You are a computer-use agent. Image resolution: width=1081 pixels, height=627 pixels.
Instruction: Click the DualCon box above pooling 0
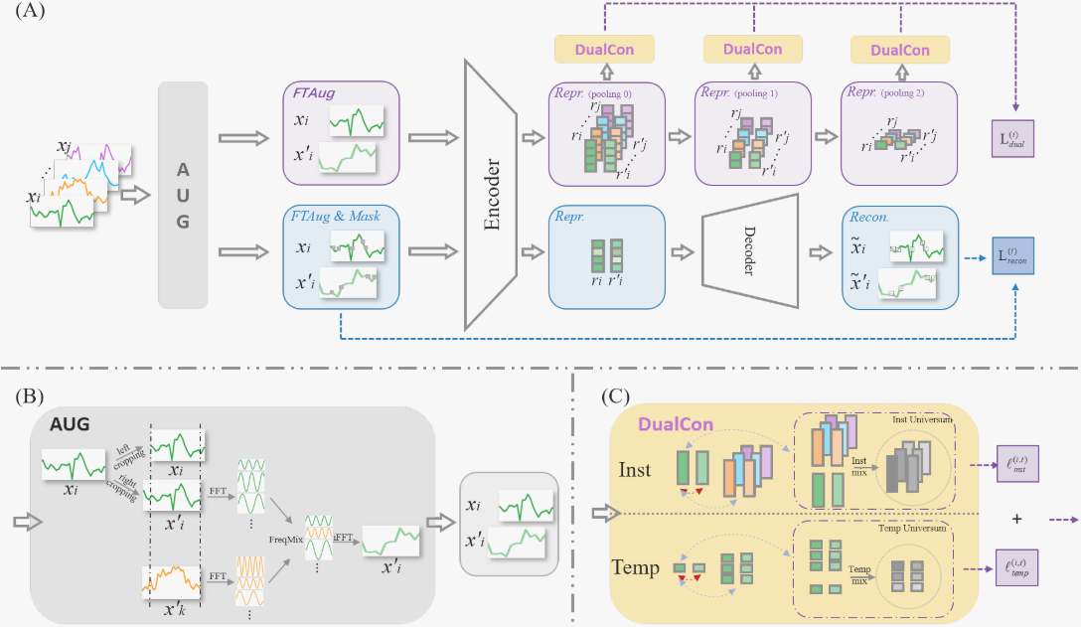(x=605, y=49)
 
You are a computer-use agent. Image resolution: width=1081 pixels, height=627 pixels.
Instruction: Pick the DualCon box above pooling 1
(x=753, y=49)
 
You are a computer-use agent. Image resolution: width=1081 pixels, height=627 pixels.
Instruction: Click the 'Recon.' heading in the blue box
(x=866, y=215)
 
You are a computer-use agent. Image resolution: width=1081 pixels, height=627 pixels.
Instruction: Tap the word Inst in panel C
(x=636, y=468)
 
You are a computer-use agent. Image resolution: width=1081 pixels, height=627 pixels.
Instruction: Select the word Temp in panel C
(x=635, y=567)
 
